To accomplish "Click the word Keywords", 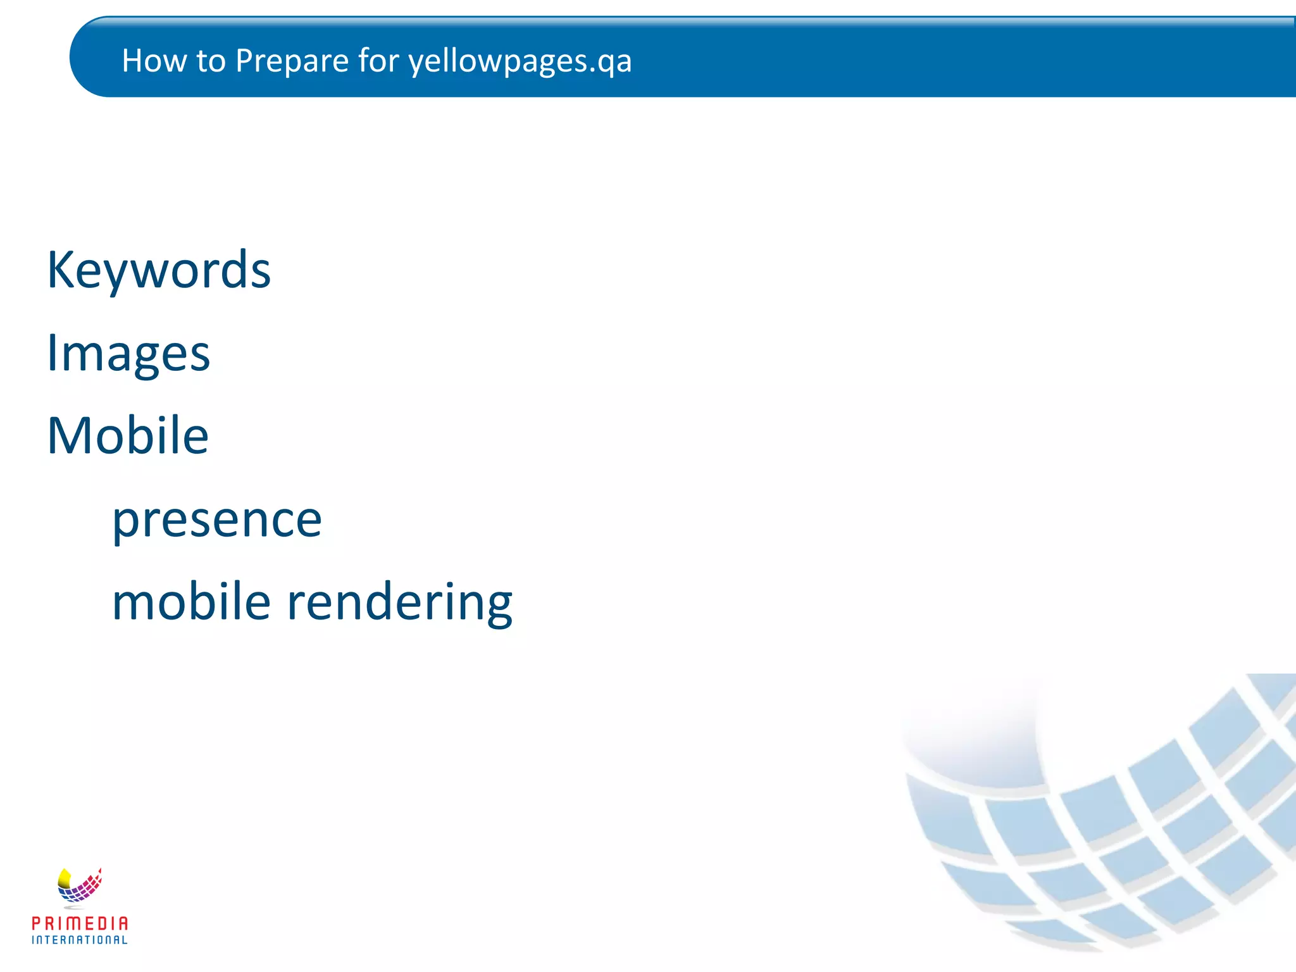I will tap(159, 271).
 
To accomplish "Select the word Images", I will tap(128, 354).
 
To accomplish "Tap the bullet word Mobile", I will tap(128, 436).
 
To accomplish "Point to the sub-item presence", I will tap(217, 520).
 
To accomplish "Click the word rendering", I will tap(399, 602).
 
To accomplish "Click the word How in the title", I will tap(150, 61).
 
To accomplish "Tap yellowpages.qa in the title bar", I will tap(520, 62).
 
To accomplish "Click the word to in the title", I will tap(211, 61).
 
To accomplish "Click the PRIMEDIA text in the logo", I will tap(80, 923).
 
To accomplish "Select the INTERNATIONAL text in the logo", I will tap(80, 940).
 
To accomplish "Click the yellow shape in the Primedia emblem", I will tap(64, 878).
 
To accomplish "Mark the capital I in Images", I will tap(52, 352).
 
